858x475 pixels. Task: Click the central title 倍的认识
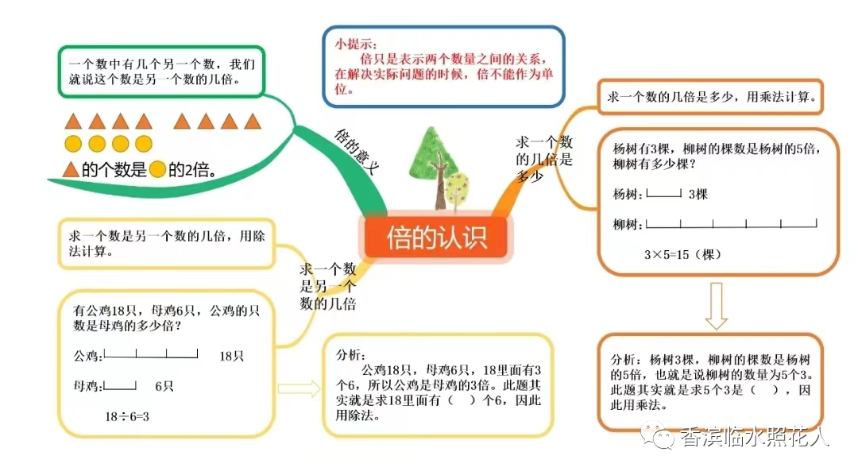435,237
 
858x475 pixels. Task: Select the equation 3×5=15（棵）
682,255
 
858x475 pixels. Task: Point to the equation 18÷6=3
127,416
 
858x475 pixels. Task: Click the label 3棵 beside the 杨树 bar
698,194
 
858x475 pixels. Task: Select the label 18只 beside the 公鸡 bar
231,356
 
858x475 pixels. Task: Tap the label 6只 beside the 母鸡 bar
164,386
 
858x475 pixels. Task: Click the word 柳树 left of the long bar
628,225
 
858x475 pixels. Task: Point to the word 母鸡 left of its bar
87,386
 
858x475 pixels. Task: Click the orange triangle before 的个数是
71,169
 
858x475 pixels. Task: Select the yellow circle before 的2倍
157,169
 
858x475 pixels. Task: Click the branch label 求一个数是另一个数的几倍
327,286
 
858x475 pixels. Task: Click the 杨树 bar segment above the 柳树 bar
664,193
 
